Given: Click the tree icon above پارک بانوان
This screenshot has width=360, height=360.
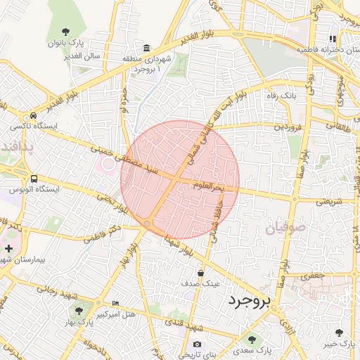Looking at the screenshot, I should [65, 31].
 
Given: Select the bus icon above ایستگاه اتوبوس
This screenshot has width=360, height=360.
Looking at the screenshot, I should [34, 179].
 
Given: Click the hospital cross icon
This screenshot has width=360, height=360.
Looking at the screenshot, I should [8, 248].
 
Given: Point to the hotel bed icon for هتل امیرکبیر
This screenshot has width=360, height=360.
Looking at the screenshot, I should [116, 304].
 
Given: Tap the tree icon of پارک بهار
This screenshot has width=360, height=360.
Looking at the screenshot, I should [77, 310].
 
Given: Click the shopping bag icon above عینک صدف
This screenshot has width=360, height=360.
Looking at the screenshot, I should [200, 273].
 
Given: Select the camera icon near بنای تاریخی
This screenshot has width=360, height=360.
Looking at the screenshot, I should [197, 344].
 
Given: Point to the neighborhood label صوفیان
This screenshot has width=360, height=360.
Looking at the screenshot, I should [286, 226].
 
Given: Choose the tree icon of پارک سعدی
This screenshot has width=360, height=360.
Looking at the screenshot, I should [252, 340].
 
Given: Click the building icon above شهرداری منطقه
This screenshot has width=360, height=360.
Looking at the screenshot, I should [146, 49].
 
